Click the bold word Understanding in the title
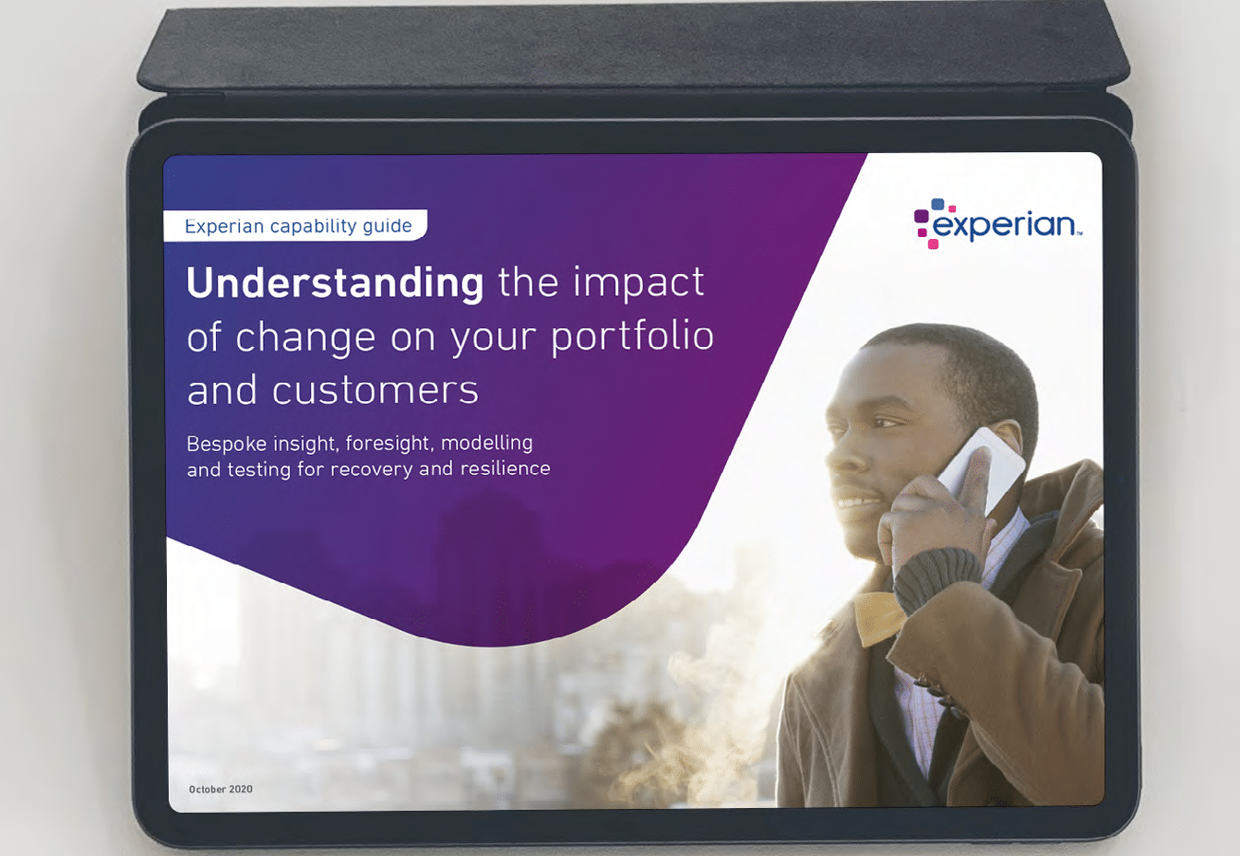tap(335, 283)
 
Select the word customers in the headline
tap(376, 390)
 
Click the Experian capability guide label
tap(298, 226)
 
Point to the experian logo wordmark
tap(1007, 226)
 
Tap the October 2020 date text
tap(221, 789)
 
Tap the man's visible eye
tap(884, 422)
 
